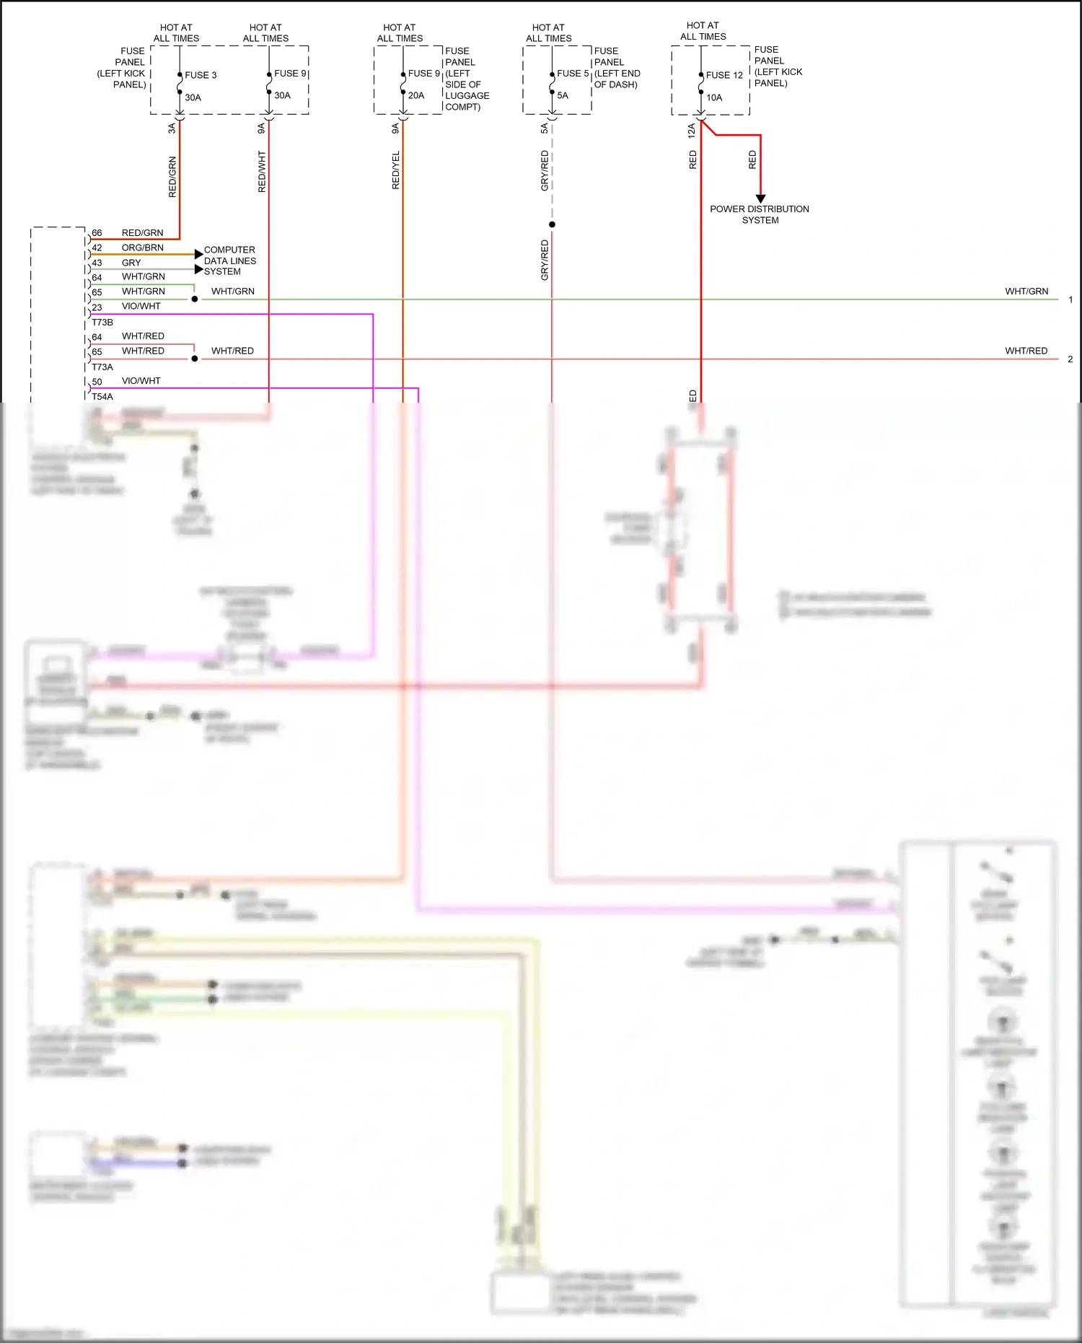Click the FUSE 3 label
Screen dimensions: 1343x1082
tap(200, 75)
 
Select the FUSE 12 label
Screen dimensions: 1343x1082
tap(723, 75)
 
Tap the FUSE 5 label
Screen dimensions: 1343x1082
tap(573, 74)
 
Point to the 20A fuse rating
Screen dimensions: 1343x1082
tap(416, 95)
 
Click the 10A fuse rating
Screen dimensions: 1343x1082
tap(714, 97)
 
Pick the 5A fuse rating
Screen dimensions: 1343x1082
tap(563, 95)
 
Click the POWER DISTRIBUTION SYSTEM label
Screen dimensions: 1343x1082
tap(760, 214)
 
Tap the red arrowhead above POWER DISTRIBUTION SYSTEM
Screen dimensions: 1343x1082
tap(760, 198)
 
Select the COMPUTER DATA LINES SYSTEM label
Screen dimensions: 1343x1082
tap(229, 261)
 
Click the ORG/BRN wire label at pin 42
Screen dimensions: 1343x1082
tap(142, 248)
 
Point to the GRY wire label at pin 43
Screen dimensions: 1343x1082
tap(131, 263)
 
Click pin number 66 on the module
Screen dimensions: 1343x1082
tap(97, 233)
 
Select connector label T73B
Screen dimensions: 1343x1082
tap(102, 323)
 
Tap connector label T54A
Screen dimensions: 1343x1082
tap(102, 397)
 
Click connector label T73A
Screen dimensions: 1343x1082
tap(102, 367)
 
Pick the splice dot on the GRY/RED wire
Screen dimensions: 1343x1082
tap(552, 224)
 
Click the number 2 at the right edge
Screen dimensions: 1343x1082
tap(1070, 359)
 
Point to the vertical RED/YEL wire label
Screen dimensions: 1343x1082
tap(395, 170)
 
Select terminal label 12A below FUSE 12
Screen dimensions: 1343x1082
tap(691, 130)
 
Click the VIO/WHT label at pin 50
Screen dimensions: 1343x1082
tap(141, 381)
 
